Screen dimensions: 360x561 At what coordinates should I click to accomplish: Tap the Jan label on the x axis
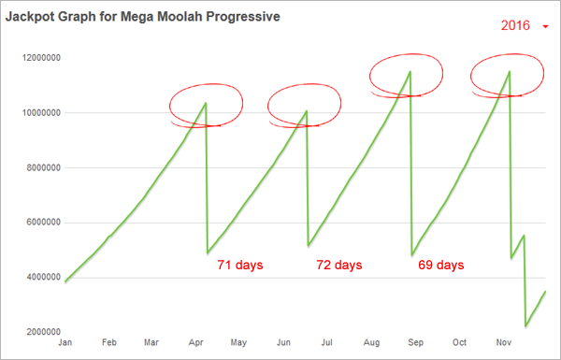click(x=65, y=344)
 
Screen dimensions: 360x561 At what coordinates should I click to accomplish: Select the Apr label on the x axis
click(x=195, y=344)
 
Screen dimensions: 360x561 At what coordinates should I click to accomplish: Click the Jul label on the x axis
click(x=327, y=344)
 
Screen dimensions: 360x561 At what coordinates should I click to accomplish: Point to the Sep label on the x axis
click(x=415, y=344)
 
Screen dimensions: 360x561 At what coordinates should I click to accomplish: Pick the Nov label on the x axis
click(x=503, y=344)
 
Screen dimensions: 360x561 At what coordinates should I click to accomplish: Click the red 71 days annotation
click(x=240, y=266)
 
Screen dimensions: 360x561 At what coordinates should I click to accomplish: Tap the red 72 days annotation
click(x=338, y=266)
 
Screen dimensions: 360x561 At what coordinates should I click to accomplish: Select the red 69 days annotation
click(x=440, y=266)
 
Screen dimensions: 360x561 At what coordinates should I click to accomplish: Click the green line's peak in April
click(x=205, y=103)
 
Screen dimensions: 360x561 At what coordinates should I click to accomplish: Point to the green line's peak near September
click(x=410, y=72)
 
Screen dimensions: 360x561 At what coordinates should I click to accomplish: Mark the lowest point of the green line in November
click(x=526, y=326)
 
